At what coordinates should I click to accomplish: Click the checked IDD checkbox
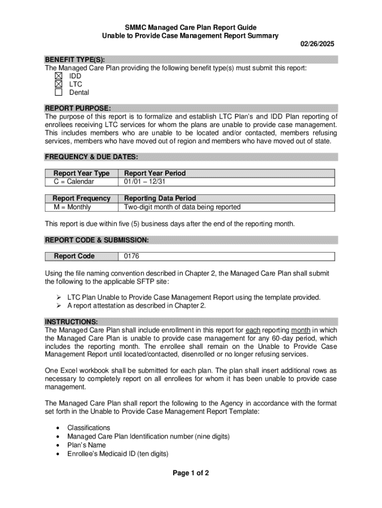(59, 76)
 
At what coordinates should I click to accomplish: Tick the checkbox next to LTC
(59, 84)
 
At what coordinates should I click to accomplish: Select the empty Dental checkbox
(59, 92)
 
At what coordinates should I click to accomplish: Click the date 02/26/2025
(318, 44)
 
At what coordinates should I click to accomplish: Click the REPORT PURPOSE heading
(78, 108)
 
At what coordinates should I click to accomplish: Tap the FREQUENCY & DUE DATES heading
(91, 157)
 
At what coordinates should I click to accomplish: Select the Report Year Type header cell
(81, 173)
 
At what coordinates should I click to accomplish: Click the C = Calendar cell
(74, 182)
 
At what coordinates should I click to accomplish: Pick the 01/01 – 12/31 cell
(145, 182)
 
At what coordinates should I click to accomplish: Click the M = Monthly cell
(76, 207)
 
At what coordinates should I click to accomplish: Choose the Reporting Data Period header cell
(160, 198)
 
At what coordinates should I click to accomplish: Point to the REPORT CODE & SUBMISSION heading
(97, 240)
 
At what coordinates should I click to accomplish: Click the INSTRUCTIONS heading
(71, 321)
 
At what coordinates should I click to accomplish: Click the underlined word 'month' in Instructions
(301, 330)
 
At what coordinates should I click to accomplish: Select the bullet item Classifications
(89, 428)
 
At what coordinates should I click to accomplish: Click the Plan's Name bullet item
(86, 445)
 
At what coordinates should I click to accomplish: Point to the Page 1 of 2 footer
(191, 473)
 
